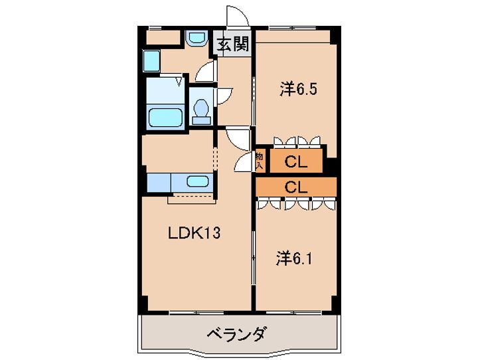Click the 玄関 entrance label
(232, 45)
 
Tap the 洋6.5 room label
(297, 88)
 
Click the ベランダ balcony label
(236, 333)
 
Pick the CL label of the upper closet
(295, 161)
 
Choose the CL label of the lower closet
(295, 187)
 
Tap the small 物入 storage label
(260, 160)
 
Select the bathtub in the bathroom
(165, 118)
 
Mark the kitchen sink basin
(197, 182)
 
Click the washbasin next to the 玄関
(195, 39)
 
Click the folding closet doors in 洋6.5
(297, 141)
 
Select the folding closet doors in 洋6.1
(297, 203)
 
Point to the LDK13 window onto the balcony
(195, 312)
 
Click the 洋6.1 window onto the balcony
(294, 312)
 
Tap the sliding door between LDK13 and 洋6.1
(254, 256)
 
